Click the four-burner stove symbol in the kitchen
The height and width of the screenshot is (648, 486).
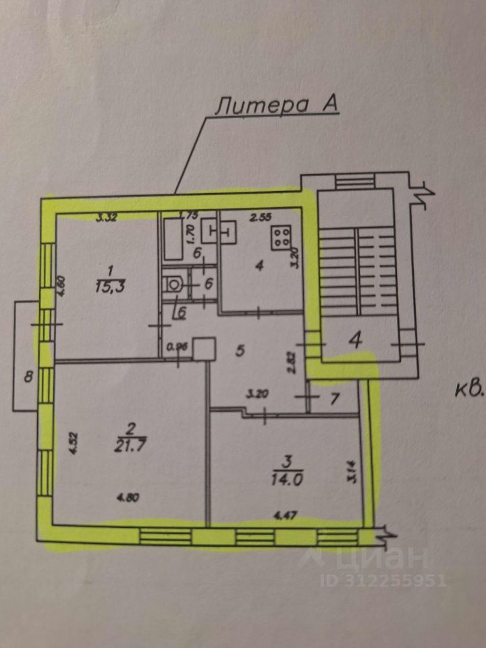point(281,236)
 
